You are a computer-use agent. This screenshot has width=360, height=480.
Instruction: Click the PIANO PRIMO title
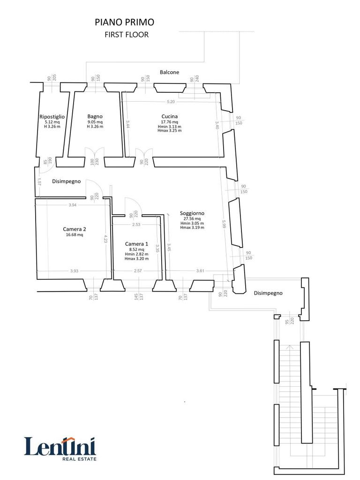tap(124, 22)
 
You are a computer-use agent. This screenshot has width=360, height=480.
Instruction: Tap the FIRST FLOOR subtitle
tap(127, 35)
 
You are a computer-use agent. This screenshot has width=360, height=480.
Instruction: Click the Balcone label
tap(169, 72)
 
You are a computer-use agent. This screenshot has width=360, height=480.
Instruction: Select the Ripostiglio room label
tap(52, 116)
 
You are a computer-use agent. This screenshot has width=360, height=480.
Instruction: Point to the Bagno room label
tap(95, 116)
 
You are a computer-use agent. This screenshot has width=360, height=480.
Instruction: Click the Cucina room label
tap(170, 116)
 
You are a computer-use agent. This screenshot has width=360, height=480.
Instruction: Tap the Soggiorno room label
tap(192, 213)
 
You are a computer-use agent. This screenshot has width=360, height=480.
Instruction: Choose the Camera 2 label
tap(75, 229)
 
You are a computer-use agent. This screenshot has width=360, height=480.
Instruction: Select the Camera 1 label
tap(136, 244)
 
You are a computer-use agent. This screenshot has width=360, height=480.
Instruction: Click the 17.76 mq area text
tap(170, 122)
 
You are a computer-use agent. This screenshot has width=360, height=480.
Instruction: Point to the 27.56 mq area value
tap(192, 218)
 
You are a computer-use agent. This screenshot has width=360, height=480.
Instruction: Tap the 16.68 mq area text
tap(75, 235)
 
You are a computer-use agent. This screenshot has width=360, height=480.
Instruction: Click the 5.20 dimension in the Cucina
tap(171, 102)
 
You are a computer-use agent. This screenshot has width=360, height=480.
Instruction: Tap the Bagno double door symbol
tap(95, 153)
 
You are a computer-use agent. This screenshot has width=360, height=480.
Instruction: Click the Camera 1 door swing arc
tap(133, 205)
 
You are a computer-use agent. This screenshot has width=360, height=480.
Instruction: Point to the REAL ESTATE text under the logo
tap(79, 459)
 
